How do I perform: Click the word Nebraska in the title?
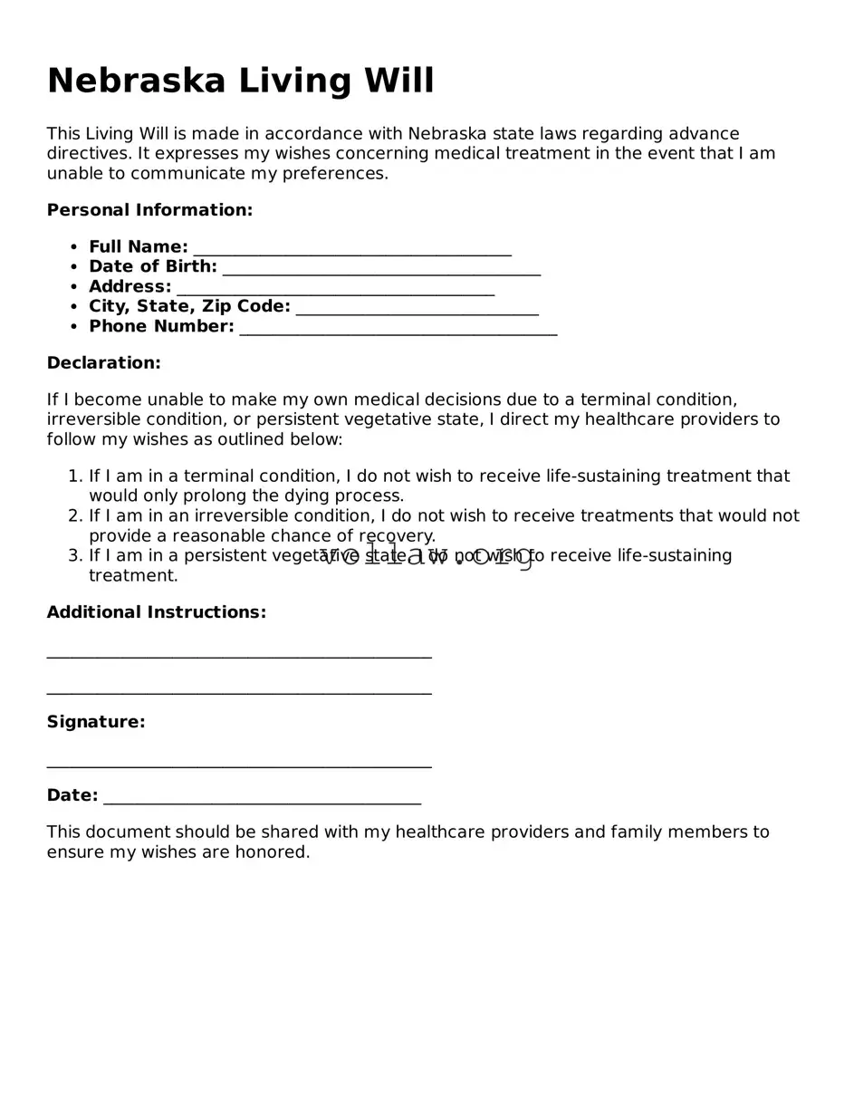click(x=136, y=81)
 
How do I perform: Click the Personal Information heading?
click(x=149, y=210)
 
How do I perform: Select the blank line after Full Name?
click(x=352, y=253)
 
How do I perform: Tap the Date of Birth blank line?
click(x=381, y=273)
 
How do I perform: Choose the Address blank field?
click(x=335, y=293)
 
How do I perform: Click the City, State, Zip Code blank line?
click(x=417, y=313)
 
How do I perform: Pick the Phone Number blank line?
click(x=398, y=332)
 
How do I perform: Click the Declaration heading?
click(x=103, y=363)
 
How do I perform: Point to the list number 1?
click(x=74, y=476)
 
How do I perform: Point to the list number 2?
click(x=74, y=516)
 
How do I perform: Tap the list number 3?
click(x=74, y=556)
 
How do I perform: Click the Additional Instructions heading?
click(x=157, y=612)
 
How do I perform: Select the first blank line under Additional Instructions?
click(x=239, y=656)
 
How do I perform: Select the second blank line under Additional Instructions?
click(x=239, y=693)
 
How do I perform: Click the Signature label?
click(x=96, y=722)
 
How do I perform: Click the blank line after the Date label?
click(x=262, y=801)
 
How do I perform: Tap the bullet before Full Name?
click(x=73, y=247)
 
